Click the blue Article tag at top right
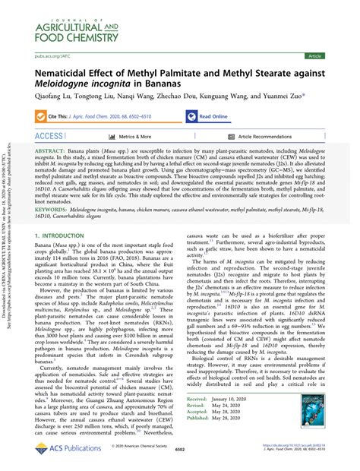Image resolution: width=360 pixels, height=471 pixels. click(335, 55)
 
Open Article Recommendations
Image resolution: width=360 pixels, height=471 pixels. click(264, 137)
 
